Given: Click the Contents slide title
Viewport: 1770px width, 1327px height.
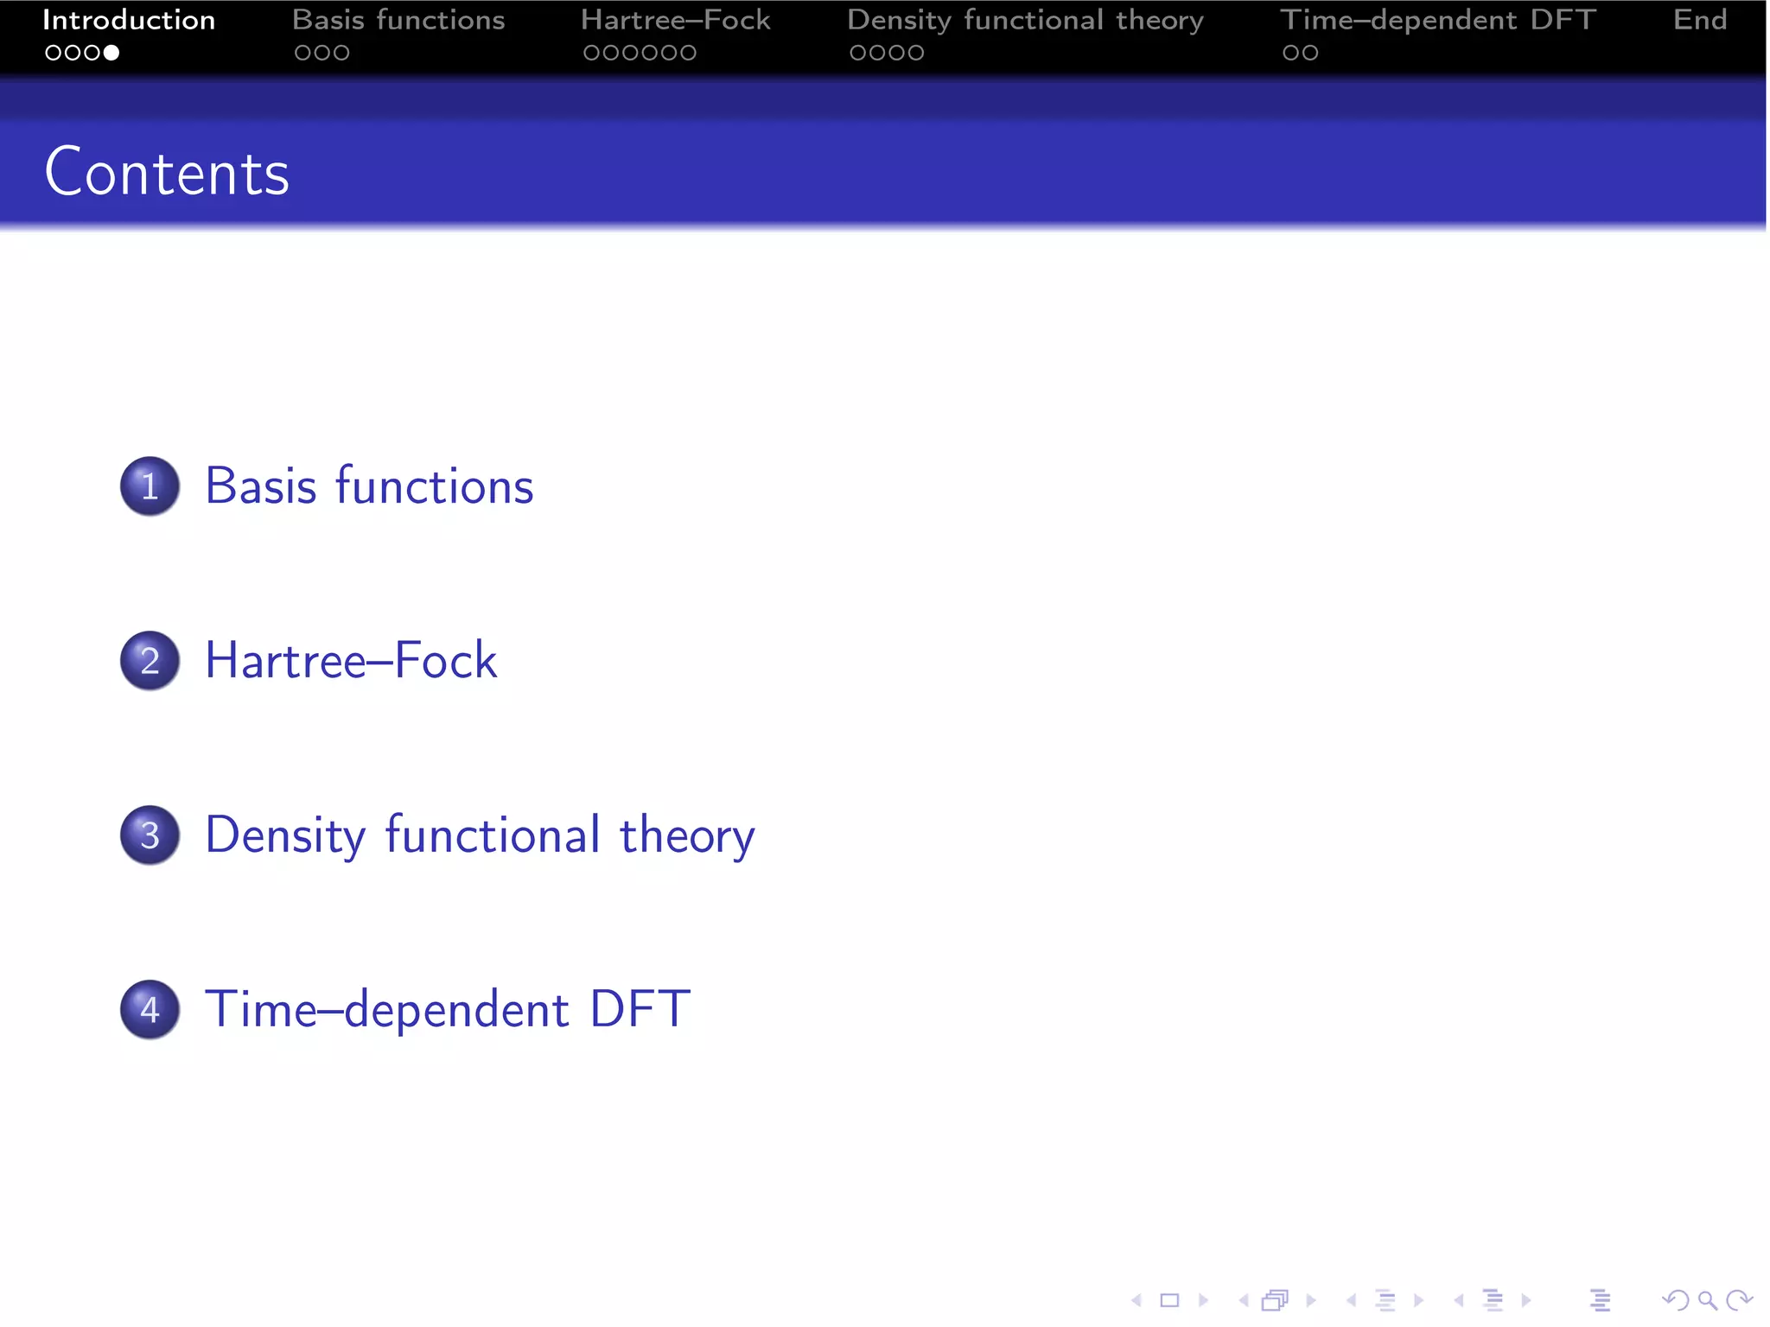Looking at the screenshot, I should click(x=167, y=173).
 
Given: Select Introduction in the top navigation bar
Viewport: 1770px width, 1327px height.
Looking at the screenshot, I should click(x=129, y=20).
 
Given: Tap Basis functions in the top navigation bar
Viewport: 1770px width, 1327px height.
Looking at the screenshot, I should click(x=398, y=20).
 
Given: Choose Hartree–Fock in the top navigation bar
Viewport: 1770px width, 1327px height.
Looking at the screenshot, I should click(x=675, y=20).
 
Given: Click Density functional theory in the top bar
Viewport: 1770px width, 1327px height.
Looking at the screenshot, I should click(x=1025, y=20).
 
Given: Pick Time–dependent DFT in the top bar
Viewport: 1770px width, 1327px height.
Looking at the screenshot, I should click(x=1437, y=20).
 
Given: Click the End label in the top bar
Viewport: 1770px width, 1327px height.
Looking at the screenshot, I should click(x=1699, y=20).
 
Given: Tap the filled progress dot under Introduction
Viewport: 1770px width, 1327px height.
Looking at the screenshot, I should click(x=111, y=53).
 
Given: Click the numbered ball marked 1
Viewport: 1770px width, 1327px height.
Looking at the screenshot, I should click(x=150, y=486).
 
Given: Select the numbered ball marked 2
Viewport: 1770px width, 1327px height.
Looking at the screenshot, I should click(x=150, y=660).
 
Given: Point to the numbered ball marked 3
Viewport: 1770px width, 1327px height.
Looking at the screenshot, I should click(x=150, y=835).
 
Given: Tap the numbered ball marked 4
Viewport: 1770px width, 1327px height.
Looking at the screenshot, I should click(x=150, y=1009).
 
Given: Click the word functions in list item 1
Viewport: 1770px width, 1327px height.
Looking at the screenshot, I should click(x=434, y=486).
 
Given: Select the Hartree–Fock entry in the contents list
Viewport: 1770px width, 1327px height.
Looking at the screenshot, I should click(x=350, y=661).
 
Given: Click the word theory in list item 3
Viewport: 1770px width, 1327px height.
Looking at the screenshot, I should click(x=687, y=835).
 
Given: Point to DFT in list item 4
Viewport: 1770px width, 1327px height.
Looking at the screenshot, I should click(x=640, y=1009).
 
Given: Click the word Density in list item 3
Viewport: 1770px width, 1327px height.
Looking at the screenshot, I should click(x=285, y=835).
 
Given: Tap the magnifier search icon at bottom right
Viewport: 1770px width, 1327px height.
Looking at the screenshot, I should click(x=1707, y=1300).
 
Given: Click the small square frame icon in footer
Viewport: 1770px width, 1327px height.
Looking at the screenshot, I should click(x=1169, y=1300).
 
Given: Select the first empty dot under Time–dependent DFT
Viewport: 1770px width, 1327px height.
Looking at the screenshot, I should click(x=1290, y=53).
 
